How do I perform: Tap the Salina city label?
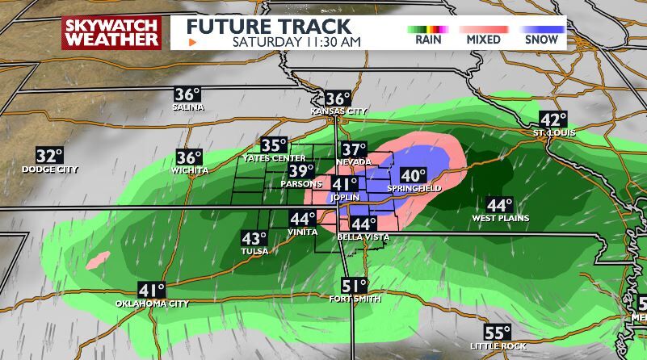coord(187,107)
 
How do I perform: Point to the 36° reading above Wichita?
coord(189,158)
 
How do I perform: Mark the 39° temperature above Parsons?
coord(301,171)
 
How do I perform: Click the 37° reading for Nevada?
coord(353,149)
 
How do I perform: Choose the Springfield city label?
coord(414,188)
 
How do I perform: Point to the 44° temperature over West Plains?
coord(499,206)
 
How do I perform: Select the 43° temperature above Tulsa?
coord(254,238)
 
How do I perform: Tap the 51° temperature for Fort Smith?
coord(354,286)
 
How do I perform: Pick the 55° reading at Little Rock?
coord(497,333)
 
